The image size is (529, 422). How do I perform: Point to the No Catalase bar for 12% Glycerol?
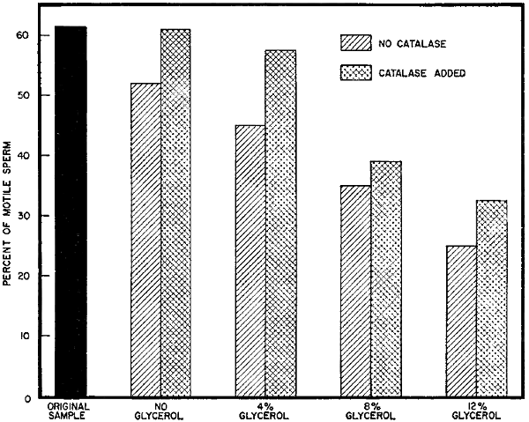click(x=462, y=321)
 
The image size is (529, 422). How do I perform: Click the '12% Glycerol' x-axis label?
click(x=477, y=410)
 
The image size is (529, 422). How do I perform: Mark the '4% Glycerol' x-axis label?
click(x=266, y=410)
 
